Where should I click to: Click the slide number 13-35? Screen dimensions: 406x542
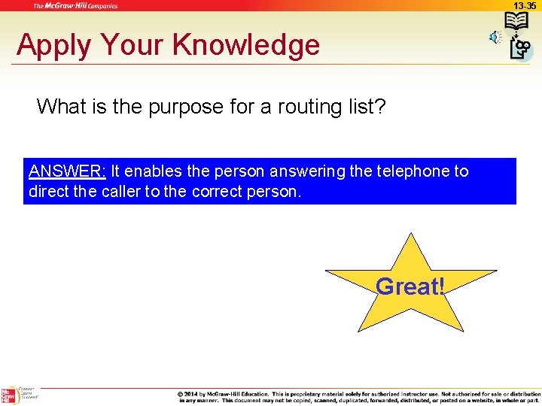525,5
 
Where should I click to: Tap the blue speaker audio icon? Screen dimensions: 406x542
495,37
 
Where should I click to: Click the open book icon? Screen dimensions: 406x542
516,22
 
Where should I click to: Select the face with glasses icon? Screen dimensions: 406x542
521,48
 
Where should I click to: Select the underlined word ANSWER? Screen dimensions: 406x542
67,171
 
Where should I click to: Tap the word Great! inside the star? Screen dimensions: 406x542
410,286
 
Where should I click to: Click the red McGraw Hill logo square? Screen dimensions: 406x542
9,396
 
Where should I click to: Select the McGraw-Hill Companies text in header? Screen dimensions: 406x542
75,5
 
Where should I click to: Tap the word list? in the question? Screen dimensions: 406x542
367,107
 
